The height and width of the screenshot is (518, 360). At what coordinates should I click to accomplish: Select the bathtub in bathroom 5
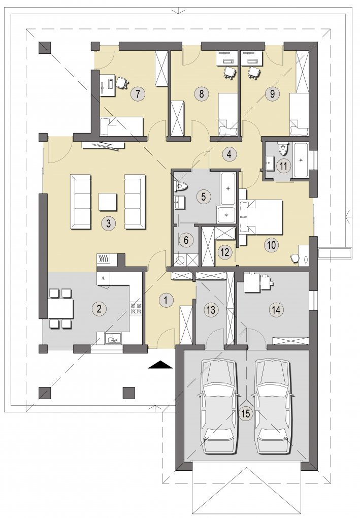click(x=228, y=188)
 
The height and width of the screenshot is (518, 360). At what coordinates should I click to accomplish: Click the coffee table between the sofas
click(x=108, y=202)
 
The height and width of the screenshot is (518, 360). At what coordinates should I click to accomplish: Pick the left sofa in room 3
click(x=80, y=202)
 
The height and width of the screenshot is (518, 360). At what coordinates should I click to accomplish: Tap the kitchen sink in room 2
click(x=113, y=339)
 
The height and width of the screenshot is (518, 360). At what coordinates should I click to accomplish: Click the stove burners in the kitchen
click(x=137, y=308)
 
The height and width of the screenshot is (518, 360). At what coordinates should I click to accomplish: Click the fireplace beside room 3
click(x=105, y=259)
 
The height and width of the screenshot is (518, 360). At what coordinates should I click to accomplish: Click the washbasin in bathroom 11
click(x=270, y=163)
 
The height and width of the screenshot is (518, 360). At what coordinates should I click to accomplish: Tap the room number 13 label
click(x=211, y=310)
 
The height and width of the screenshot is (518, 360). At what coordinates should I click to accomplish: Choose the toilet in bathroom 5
click(x=181, y=186)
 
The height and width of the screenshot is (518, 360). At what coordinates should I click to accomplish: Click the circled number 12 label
click(x=225, y=252)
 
